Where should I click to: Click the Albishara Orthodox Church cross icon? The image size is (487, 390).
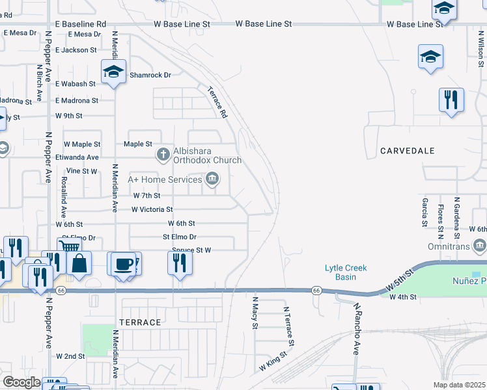pyautogui.click(x=163, y=155)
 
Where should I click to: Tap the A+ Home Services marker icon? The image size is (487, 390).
pyautogui.click(x=212, y=179)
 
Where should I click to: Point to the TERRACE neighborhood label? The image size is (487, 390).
pyautogui.click(x=140, y=322)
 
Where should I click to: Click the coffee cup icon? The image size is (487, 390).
pyautogui.click(x=122, y=263)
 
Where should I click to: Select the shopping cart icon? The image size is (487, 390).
pyautogui.click(x=70, y=247)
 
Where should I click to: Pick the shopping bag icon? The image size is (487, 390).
pyautogui.click(x=79, y=263)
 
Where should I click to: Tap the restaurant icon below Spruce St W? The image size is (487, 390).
pyautogui.click(x=179, y=263)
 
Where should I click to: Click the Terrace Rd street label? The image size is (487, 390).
pyautogui.click(x=217, y=102)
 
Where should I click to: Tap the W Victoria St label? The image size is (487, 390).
pyautogui.click(x=152, y=209)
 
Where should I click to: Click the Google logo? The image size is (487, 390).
pyautogui.click(x=21, y=382)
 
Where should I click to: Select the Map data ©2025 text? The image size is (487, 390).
pyautogui.click(x=459, y=385)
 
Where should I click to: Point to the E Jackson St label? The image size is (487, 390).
pyautogui.click(x=76, y=49)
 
